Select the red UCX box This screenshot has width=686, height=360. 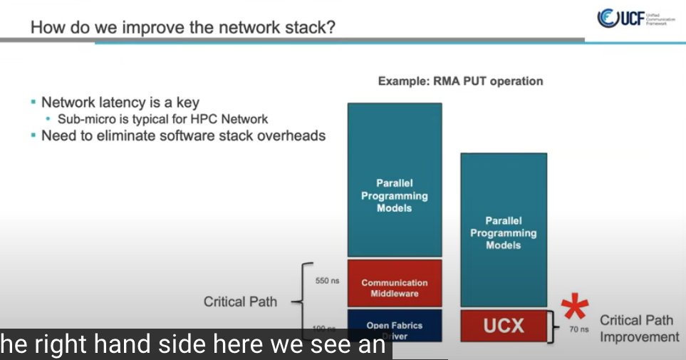[x=504, y=326]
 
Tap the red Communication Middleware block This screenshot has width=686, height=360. [x=395, y=288]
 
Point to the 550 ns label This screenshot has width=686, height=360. [x=327, y=281]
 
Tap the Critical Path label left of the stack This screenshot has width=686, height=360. [x=240, y=302]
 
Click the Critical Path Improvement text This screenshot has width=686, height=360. [x=639, y=329]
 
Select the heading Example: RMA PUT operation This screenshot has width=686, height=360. [x=460, y=81]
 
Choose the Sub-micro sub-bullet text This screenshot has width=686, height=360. [x=161, y=119]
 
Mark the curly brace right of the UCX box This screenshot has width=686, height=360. [x=557, y=326]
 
